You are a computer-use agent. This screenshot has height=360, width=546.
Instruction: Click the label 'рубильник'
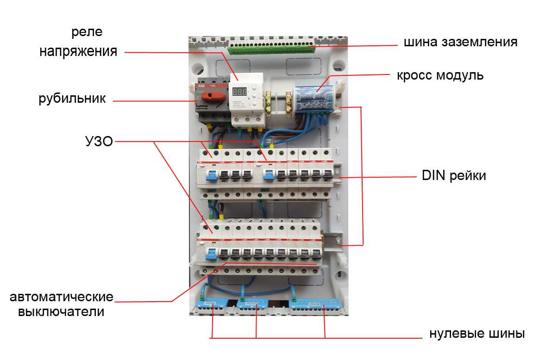72,99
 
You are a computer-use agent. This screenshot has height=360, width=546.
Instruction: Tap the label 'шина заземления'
460,42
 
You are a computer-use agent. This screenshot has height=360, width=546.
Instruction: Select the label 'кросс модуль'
440,75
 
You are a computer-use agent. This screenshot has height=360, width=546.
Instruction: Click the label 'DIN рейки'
454,176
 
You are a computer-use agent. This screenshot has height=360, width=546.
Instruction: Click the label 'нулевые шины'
477,334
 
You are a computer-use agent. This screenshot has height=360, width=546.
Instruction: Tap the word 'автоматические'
62,296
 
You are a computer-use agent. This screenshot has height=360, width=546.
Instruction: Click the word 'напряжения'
77,51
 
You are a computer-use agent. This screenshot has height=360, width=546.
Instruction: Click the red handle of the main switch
214,96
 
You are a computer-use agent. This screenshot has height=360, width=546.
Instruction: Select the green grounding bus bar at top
271,48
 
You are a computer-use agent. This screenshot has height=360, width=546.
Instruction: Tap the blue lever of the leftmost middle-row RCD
212,175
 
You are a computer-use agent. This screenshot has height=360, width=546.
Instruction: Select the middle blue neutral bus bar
254,304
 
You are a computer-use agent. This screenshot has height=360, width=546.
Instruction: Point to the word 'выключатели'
61,311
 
